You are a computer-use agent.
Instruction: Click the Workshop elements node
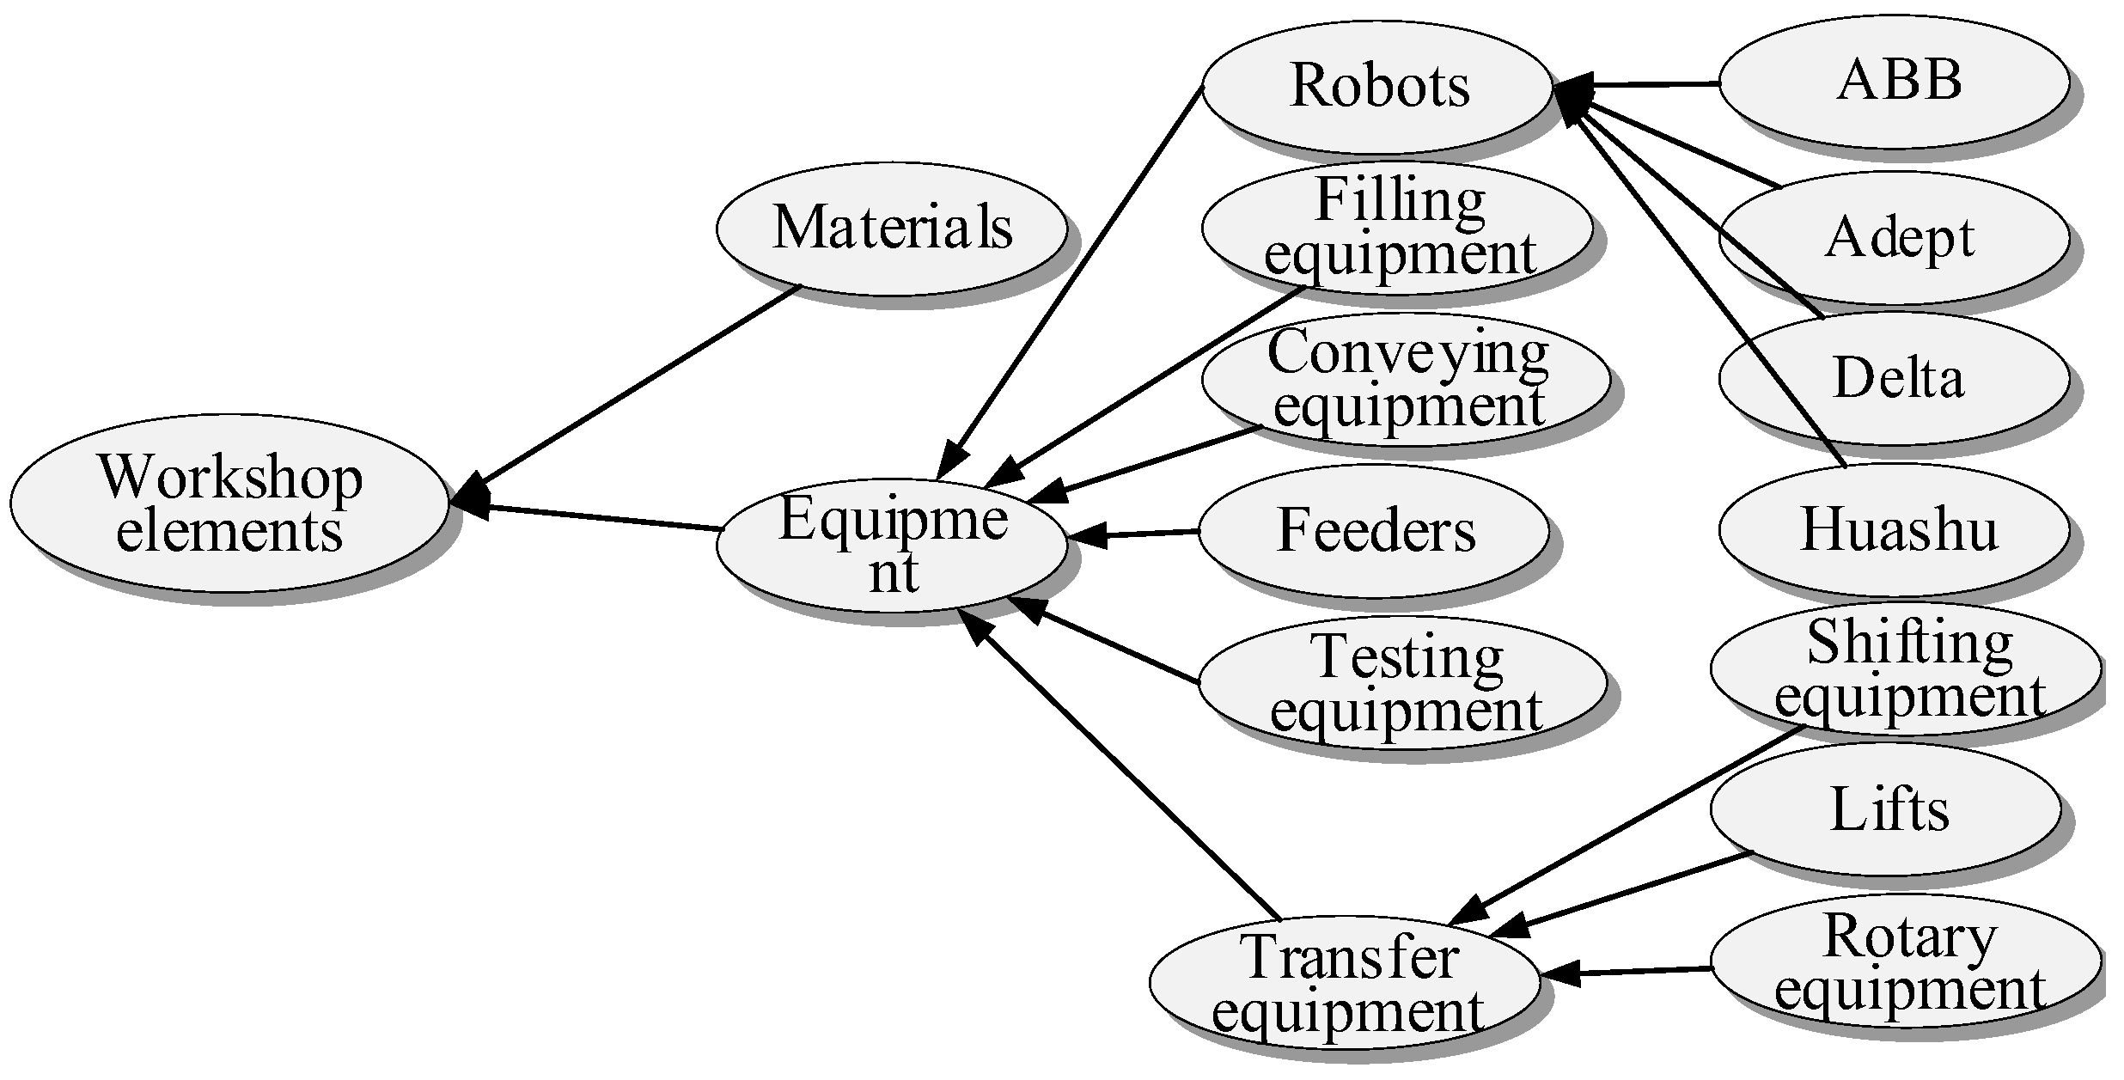pyautogui.click(x=229, y=503)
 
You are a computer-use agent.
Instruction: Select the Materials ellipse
pyautogui.click(x=892, y=228)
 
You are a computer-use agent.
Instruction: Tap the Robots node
pyautogui.click(x=1377, y=86)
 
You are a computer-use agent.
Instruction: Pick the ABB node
pyautogui.click(x=1894, y=82)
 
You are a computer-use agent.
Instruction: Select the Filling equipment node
pyautogui.click(x=1396, y=228)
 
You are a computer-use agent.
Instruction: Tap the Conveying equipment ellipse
pyautogui.click(x=1405, y=379)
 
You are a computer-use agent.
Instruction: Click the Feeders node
pyautogui.click(x=1374, y=530)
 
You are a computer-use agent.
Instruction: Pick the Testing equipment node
pyautogui.click(x=1402, y=682)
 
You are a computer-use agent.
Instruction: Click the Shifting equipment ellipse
pyautogui.click(x=1906, y=668)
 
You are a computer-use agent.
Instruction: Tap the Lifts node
pyautogui.click(x=1885, y=809)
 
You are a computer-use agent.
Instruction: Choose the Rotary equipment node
pyautogui.click(x=1906, y=960)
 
